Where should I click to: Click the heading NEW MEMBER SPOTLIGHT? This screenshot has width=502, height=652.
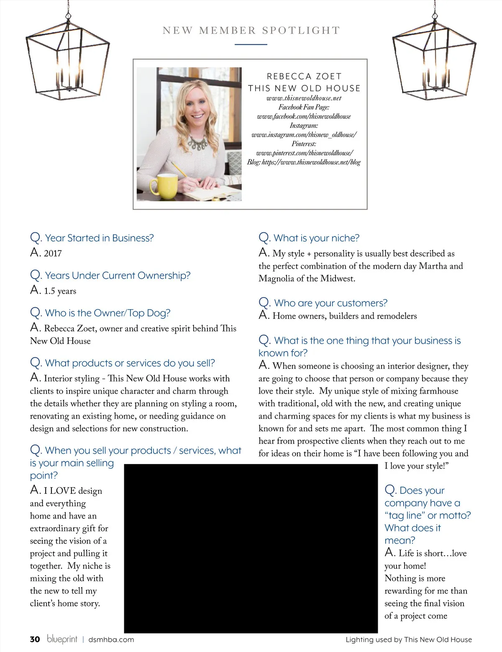(x=251, y=31)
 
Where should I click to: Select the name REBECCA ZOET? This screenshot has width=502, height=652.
(x=304, y=76)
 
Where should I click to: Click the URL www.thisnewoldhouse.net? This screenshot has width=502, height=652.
(x=304, y=98)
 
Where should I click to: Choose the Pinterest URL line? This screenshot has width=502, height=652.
(x=304, y=153)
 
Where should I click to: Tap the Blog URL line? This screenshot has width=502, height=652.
(x=304, y=162)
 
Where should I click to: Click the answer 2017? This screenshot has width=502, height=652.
(x=53, y=253)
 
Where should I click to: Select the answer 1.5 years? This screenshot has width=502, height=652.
(x=60, y=291)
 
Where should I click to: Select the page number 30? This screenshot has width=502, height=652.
(x=35, y=639)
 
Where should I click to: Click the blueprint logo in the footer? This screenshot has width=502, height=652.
(x=62, y=639)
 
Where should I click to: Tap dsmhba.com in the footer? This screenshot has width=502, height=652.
(x=111, y=639)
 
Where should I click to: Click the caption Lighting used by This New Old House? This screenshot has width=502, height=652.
(x=408, y=639)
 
